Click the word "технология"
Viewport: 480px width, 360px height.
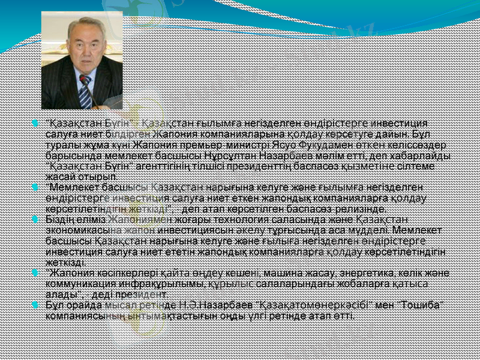[232, 220]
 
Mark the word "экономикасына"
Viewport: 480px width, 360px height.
[78, 231]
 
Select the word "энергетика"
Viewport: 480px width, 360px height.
[365, 272]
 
